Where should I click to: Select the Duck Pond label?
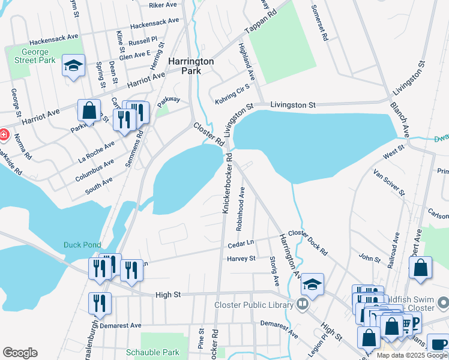(x=80, y=245)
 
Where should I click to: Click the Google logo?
(x=20, y=353)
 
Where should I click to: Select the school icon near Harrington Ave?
(x=312, y=284)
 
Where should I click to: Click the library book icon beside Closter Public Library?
(x=302, y=304)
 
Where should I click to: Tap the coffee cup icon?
(x=438, y=344)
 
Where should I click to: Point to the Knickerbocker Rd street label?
(x=228, y=184)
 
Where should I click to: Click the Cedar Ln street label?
(x=241, y=244)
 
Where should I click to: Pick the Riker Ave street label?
(x=163, y=5)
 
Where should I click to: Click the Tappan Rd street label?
(x=261, y=22)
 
